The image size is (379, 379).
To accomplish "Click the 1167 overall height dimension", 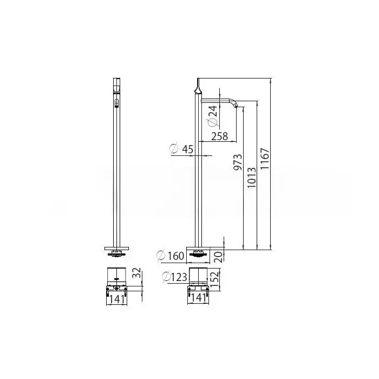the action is point(265,159).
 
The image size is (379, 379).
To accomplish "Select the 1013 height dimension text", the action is point(251,178).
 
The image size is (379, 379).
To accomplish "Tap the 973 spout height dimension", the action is point(238,162).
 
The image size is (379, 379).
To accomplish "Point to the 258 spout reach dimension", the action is point(219,136).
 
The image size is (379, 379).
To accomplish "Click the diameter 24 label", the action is point(213,116).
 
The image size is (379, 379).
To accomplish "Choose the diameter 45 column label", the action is point(181,149).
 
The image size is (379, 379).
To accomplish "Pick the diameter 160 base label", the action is point(171,256).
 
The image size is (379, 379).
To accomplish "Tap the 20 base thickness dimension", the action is point(219,257).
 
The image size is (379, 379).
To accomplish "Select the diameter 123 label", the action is point(174,277).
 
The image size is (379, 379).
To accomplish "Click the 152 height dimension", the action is point(214,279).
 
